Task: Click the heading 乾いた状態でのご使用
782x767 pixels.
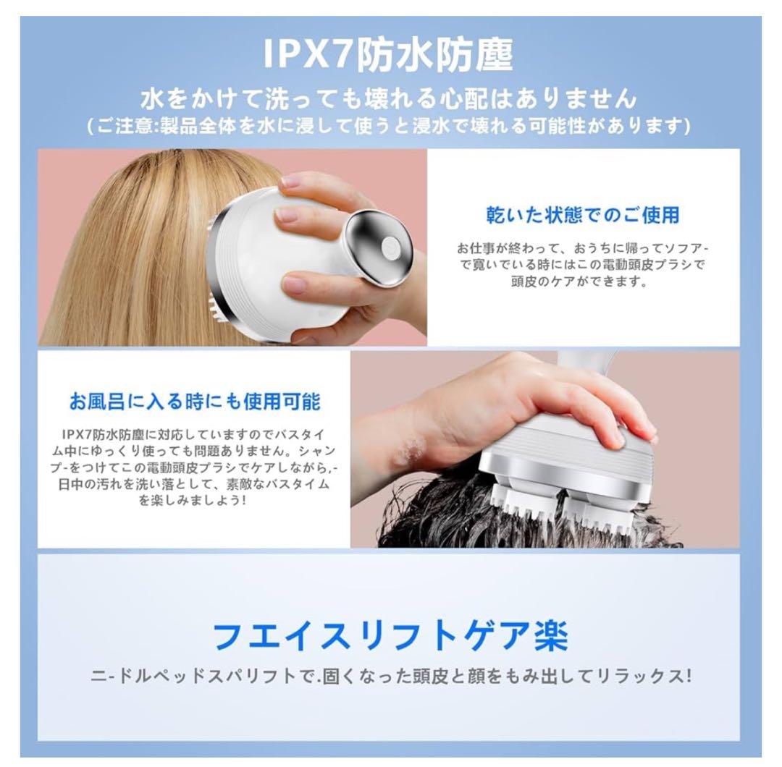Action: pos(583,215)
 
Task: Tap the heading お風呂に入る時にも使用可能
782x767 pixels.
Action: pos(194,401)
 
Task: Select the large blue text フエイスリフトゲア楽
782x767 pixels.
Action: pos(390,636)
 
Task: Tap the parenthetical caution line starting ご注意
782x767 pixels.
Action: pos(390,126)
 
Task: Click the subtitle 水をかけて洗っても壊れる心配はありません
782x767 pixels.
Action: pos(390,98)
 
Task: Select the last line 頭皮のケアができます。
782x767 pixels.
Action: pos(583,281)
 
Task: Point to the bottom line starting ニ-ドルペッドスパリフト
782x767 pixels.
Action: pos(390,677)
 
